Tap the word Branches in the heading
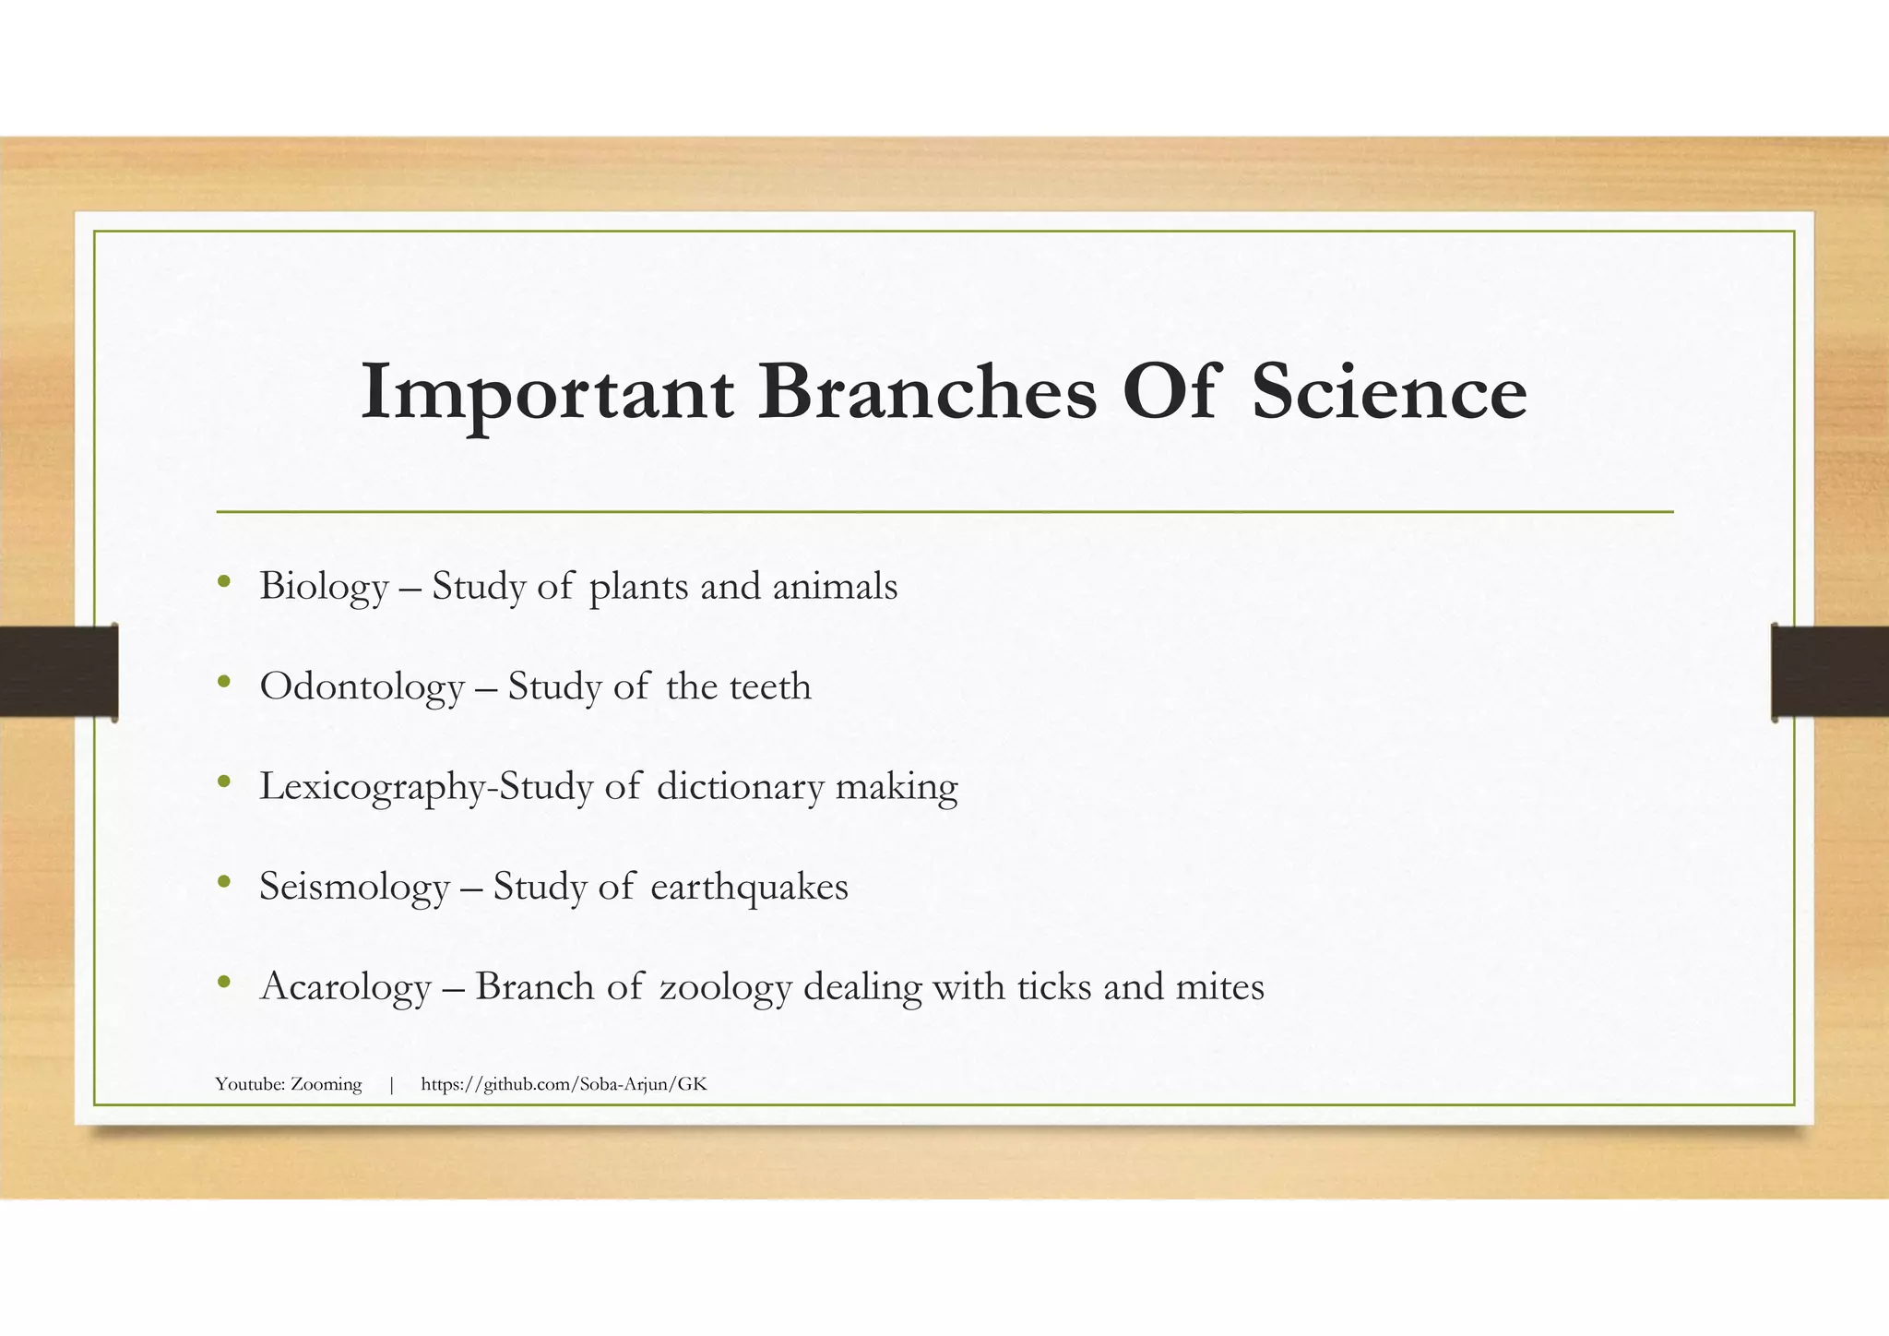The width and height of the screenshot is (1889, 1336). [927, 393]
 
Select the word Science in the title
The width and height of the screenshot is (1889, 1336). [1389, 393]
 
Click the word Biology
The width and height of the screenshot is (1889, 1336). [324, 587]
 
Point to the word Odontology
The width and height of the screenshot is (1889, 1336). [362, 687]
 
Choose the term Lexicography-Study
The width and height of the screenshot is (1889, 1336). [426, 787]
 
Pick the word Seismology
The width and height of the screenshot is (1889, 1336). [354, 888]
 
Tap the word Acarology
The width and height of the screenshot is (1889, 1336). [346, 987]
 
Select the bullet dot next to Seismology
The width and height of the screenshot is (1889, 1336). [223, 882]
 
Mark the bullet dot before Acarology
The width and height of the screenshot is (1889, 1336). [223, 983]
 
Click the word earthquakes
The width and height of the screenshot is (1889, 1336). [749, 888]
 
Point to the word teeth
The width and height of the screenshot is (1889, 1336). [770, 687]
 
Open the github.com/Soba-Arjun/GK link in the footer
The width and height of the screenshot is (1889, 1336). [564, 1084]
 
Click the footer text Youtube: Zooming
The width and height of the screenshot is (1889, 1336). [289, 1084]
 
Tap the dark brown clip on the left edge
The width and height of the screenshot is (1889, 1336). [58, 671]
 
